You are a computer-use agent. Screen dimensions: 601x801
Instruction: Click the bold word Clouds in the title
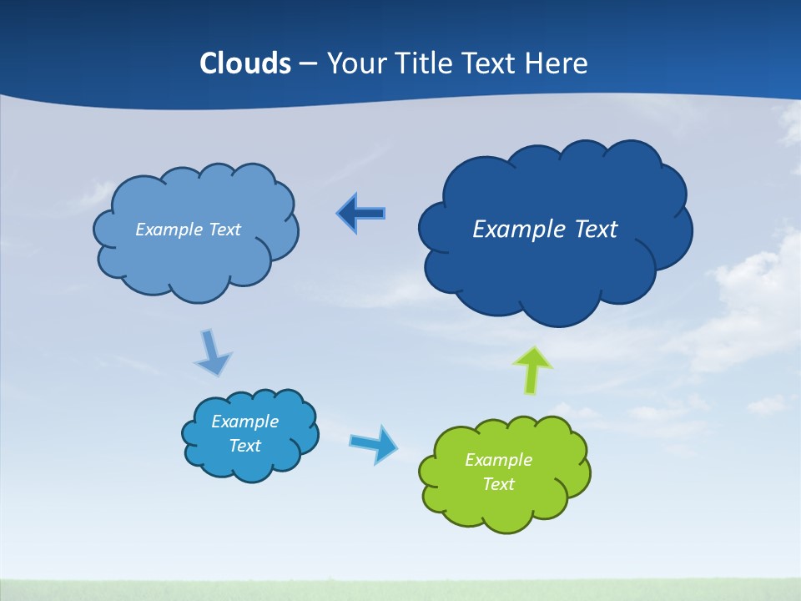point(245,63)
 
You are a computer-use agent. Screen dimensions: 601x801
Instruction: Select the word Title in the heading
point(421,63)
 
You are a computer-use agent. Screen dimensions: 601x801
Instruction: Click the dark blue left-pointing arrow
point(360,214)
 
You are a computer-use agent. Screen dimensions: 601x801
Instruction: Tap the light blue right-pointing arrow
point(374,443)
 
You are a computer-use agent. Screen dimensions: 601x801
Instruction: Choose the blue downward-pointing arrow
point(212,353)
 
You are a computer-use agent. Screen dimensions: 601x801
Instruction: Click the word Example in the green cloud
point(498,460)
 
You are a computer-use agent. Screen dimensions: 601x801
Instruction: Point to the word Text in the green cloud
point(498,484)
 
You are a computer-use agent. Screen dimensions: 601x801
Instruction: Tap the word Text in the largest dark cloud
point(591,229)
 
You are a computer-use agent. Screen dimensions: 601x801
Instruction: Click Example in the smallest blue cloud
point(244,422)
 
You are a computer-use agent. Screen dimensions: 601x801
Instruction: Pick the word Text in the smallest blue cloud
point(244,446)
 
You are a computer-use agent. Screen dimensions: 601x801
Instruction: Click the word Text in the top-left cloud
point(224,230)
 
